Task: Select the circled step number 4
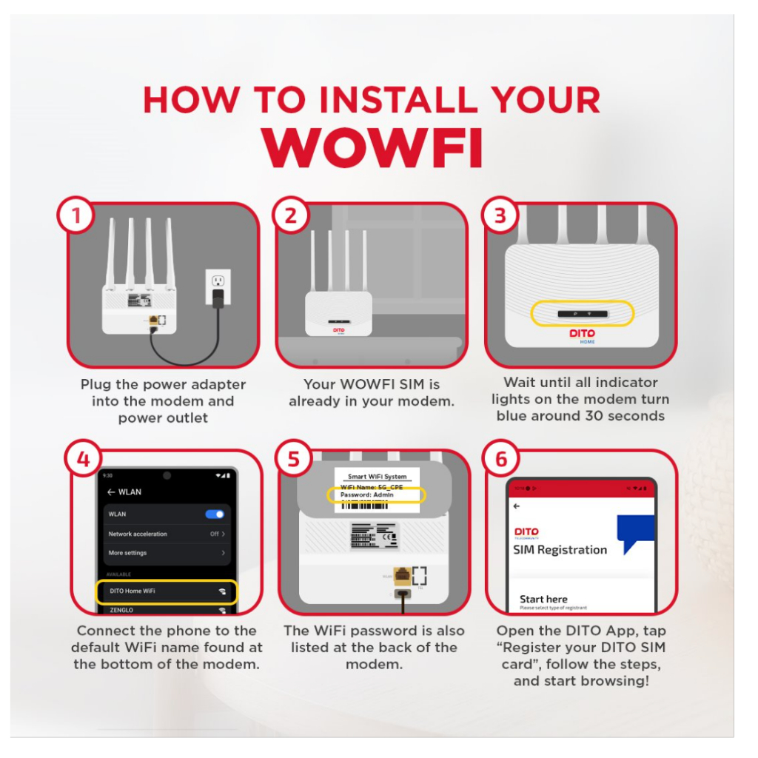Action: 83,459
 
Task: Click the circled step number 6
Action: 501,459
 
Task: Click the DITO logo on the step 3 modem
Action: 582,334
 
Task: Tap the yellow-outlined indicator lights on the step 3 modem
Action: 583,314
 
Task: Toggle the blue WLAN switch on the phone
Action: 215,514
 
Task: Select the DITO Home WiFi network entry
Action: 167,591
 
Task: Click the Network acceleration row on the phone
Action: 166,534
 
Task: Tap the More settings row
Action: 166,553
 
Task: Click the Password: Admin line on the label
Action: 367,494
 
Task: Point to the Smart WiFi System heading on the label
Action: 377,477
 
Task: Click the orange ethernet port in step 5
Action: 400,574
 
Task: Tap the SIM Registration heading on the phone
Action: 560,550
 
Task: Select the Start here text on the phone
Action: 543,599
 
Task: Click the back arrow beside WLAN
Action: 111,492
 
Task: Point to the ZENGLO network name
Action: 123,610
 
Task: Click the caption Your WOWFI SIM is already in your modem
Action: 372,393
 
